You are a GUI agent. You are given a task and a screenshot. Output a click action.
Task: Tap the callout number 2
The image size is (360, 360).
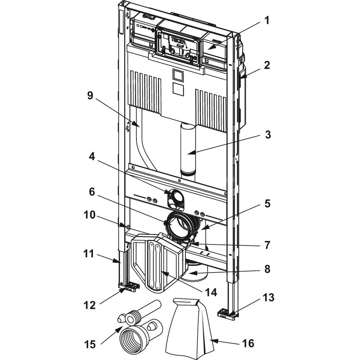pyautogui.click(x=266, y=66)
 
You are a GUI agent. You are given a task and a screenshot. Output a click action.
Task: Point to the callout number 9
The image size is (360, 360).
pyautogui.click(x=90, y=96)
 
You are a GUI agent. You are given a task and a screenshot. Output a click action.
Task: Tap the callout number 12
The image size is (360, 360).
pyautogui.click(x=90, y=305)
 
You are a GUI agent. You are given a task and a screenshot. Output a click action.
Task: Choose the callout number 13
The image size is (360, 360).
pyautogui.click(x=268, y=298)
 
